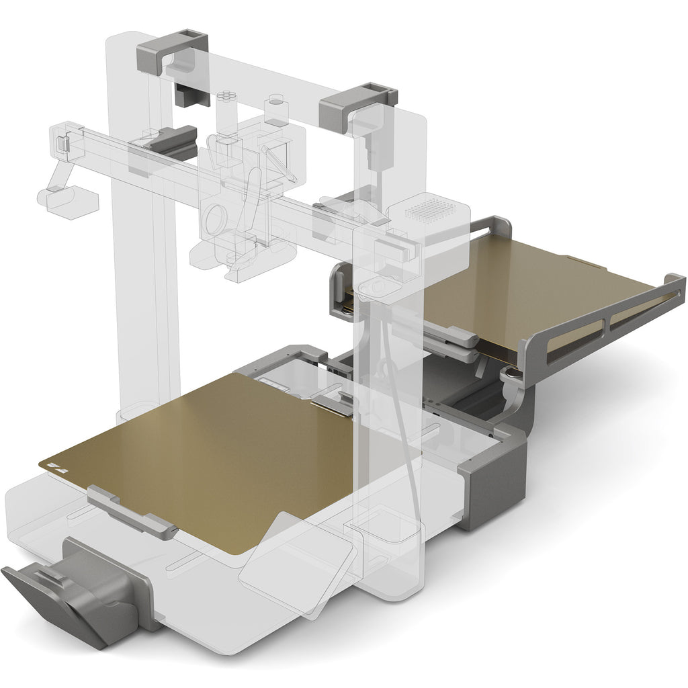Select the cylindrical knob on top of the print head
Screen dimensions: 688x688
[x=275, y=109]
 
